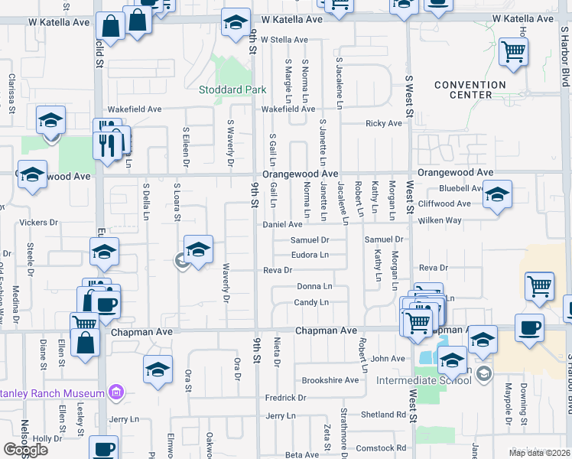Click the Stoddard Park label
coord(232,90)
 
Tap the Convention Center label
coord(470,90)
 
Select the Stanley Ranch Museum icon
coord(115,393)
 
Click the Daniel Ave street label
coord(283,225)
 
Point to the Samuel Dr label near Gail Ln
coord(309,240)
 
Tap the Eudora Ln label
coord(309,255)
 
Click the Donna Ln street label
coord(314,286)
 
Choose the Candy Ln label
coord(311,303)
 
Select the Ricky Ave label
coord(383,123)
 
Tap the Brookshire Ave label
coord(330,380)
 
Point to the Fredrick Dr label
coord(285,398)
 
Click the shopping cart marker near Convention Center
coord(514,52)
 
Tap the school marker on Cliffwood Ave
coord(497,195)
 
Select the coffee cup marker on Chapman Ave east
coord(529,328)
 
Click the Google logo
coord(25,450)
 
